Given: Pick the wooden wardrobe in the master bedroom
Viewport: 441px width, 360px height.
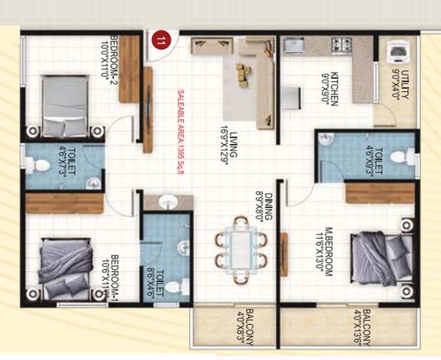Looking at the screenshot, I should (380, 193).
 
